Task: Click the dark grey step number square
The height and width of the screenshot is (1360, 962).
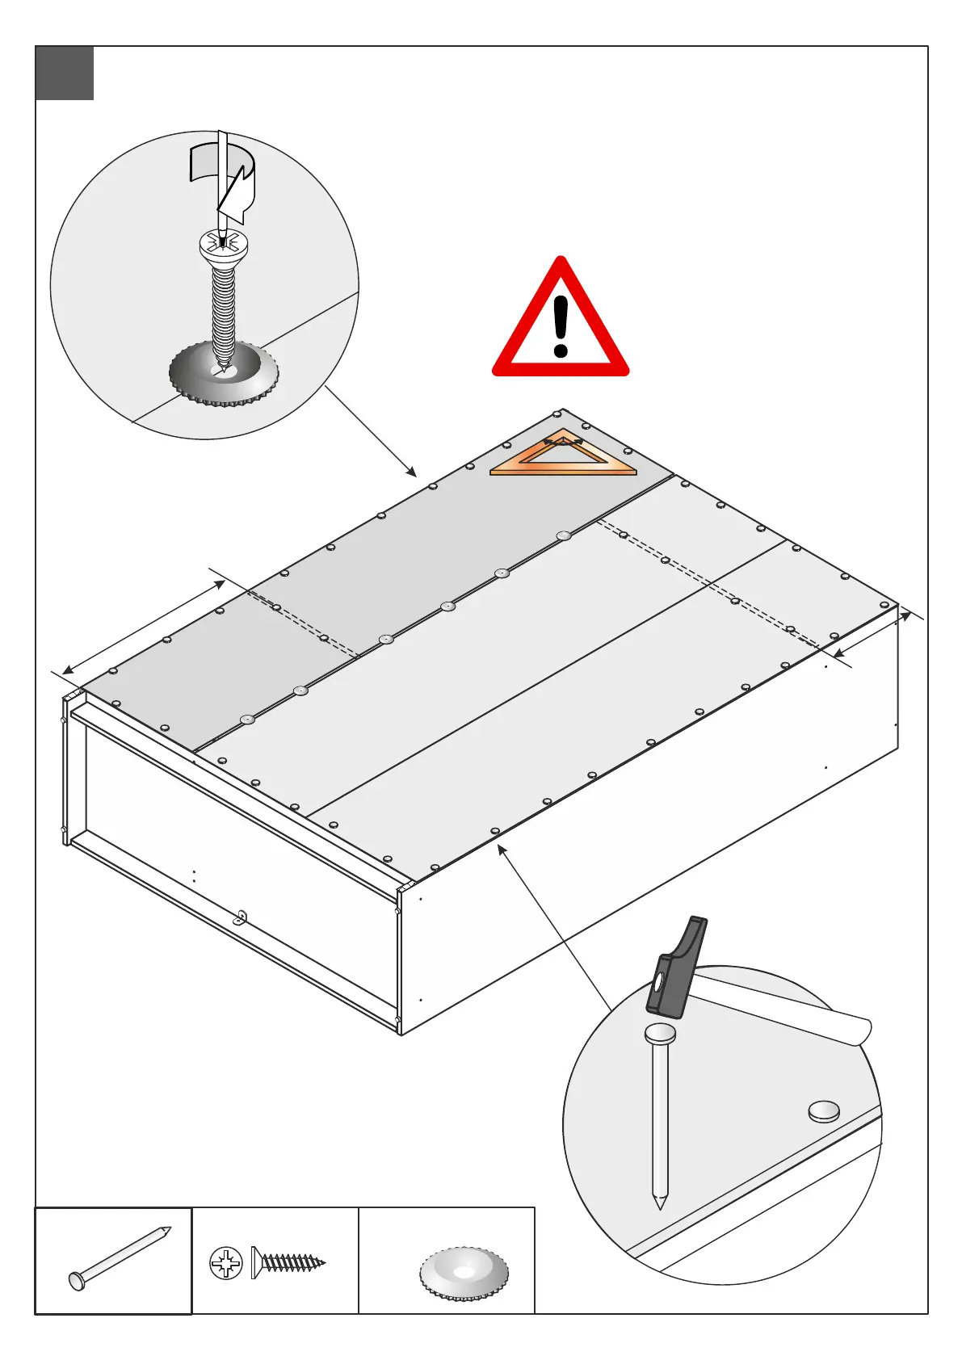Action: tap(65, 73)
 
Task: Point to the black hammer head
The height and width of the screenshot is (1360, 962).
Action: tap(677, 969)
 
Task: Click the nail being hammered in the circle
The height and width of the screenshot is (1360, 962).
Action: tap(661, 1114)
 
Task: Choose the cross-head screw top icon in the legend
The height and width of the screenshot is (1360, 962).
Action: tap(226, 1263)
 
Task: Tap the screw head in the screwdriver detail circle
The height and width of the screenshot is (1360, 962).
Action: tap(223, 246)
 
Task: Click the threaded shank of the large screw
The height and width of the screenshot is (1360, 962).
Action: tap(223, 311)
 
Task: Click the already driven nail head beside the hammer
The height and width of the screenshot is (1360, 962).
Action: tap(823, 1111)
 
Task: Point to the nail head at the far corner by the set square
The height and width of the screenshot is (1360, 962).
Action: tap(557, 415)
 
